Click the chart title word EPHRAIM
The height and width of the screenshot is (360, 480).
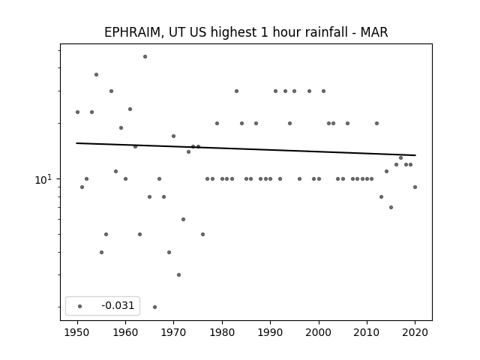[132, 32]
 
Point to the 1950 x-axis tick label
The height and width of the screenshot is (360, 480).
[77, 332]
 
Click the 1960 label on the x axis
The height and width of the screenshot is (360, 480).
[125, 332]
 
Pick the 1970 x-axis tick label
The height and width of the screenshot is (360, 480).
[173, 332]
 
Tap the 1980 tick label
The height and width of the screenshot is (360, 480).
[222, 332]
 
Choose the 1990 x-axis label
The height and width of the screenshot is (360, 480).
[270, 332]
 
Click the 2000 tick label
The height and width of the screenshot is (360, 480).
[319, 332]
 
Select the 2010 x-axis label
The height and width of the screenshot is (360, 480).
[367, 332]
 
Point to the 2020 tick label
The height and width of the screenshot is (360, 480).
[415, 332]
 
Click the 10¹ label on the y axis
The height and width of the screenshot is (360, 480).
[43, 179]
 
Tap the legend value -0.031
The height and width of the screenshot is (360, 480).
[118, 305]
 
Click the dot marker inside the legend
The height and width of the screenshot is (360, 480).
[80, 306]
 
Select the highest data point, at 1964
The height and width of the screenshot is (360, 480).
[145, 57]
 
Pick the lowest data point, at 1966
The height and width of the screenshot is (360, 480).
[155, 307]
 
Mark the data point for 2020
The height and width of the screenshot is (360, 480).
[415, 187]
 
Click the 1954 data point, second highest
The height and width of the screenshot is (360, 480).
[97, 75]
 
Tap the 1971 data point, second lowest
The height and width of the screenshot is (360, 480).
[178, 275]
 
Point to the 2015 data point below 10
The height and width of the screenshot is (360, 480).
[391, 207]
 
